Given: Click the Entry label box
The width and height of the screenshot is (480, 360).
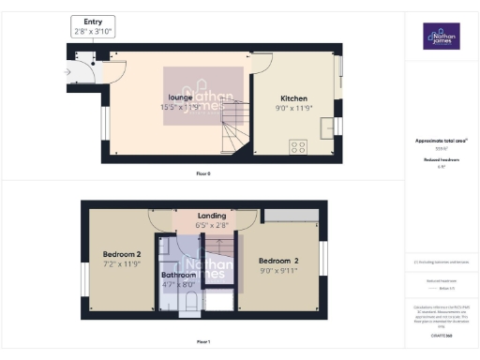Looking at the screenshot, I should click(x=92, y=26).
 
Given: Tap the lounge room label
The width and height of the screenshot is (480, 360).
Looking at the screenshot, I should click(x=181, y=97).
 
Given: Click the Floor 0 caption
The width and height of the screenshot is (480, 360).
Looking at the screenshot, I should click(x=202, y=174).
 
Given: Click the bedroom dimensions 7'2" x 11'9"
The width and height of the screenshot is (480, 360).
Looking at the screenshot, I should click(x=121, y=264).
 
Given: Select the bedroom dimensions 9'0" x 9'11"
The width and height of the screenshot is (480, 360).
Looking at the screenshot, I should click(x=278, y=270).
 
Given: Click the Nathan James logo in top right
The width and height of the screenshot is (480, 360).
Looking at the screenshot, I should click(x=441, y=37).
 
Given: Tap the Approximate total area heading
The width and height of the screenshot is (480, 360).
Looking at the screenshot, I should click(x=441, y=141).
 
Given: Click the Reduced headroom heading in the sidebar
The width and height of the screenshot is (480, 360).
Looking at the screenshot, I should click(x=441, y=160).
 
